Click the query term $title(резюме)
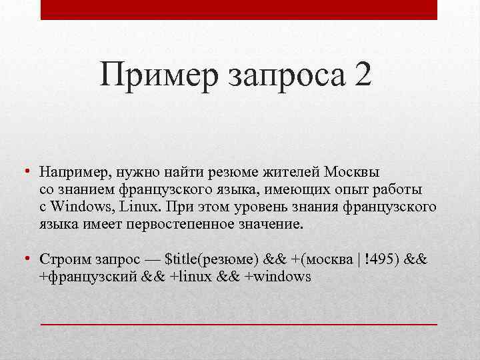(211, 259)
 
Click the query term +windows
(279, 276)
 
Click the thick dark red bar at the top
(239, 9)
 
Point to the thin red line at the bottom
(239, 323)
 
